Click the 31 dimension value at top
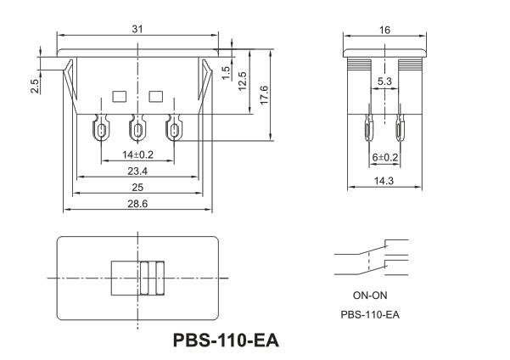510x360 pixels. point(137,29)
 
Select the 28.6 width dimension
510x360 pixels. point(137,204)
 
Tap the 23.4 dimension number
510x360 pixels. point(137,171)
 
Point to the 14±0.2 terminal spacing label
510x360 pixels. point(137,155)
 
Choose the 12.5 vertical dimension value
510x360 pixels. point(244,81)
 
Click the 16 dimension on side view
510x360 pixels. point(385,29)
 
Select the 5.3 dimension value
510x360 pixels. point(384,82)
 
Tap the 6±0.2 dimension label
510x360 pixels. point(384,157)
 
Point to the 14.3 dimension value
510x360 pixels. point(384,180)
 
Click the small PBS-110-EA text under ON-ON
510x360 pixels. point(370,314)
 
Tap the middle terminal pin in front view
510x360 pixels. point(137,131)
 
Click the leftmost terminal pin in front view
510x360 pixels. point(102,131)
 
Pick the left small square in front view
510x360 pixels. point(119,95)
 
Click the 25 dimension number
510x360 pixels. point(137,187)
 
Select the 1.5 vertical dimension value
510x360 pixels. point(226,71)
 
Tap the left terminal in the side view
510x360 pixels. point(370,132)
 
